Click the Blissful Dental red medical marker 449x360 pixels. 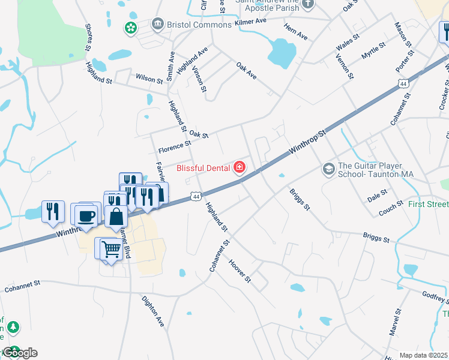click(240, 167)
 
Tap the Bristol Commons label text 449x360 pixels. click(199, 25)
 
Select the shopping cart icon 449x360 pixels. click(111, 248)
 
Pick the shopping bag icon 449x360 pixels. click(116, 216)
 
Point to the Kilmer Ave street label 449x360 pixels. click(251, 21)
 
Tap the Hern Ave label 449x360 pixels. click(296, 36)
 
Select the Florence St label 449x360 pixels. click(174, 144)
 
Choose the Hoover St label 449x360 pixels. click(239, 272)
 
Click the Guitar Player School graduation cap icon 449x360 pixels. click(328, 169)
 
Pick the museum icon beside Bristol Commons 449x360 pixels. click(158, 24)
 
